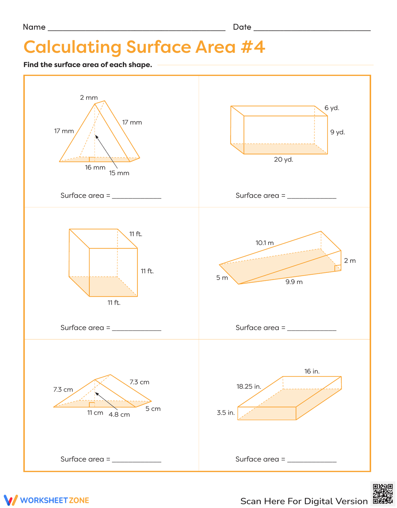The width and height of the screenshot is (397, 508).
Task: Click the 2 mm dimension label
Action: point(89,98)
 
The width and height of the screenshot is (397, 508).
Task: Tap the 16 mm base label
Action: point(95,168)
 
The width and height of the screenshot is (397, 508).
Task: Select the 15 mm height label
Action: point(119,173)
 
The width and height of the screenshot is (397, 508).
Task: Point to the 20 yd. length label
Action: point(283,160)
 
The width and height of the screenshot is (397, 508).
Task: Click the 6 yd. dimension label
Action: point(331,108)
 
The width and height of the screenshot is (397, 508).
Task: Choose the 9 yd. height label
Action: point(337,132)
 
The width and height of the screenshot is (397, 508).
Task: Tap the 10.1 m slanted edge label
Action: point(264,243)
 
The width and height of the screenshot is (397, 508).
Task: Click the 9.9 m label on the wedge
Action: point(294,282)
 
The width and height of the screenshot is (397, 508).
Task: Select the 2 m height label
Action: point(350,261)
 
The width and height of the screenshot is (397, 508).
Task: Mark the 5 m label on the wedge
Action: point(222,278)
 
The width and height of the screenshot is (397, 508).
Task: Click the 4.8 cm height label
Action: point(119,415)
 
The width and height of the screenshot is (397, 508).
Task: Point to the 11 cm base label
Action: point(95,413)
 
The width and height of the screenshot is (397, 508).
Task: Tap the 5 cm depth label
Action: point(153,409)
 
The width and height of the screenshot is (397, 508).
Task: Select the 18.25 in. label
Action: point(249,386)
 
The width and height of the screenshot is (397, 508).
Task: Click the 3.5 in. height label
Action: point(225,413)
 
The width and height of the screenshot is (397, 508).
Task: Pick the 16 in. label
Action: point(312,371)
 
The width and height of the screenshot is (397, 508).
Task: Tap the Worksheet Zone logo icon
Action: point(11,500)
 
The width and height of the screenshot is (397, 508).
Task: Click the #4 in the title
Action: point(252,47)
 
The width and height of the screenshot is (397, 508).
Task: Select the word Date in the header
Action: point(242,27)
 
